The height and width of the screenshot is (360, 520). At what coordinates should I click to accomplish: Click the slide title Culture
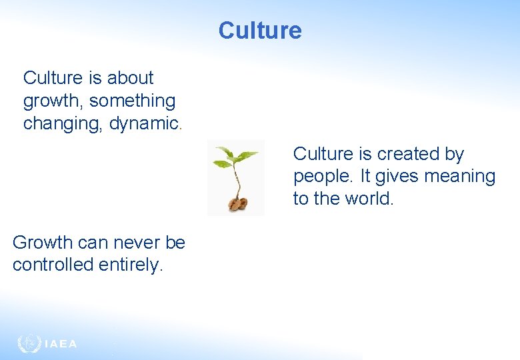(260, 31)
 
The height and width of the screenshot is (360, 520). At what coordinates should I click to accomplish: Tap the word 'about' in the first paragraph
(130, 78)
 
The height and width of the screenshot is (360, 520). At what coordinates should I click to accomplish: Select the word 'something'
(132, 101)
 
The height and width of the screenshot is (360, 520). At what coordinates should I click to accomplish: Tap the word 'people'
(321, 177)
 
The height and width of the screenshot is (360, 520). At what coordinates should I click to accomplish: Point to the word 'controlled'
(53, 265)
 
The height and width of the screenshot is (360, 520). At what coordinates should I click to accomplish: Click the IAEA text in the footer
(61, 344)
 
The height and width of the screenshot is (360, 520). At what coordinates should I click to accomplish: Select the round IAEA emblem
(29, 343)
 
